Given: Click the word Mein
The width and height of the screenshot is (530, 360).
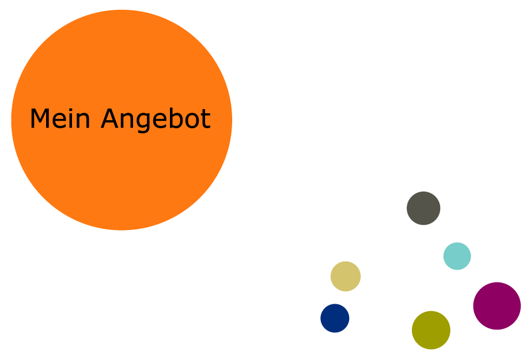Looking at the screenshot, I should pos(60,119).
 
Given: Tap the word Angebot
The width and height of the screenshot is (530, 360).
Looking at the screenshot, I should pos(156,120).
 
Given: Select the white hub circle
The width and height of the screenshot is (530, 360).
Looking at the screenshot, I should pos(398,278).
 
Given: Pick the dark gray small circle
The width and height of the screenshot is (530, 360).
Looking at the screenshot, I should pos(423,208).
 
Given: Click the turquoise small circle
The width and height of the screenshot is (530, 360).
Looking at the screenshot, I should pos(457,256).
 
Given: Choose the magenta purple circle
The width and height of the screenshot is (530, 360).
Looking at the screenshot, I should pos(497,306).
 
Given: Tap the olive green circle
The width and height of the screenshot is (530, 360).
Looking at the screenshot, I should pos(431,330).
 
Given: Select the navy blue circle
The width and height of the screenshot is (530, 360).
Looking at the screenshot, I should pos(335,318).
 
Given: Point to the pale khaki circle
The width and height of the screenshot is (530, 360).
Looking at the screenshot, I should pos(346,276).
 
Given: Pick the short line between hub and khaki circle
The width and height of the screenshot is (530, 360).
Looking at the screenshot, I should pos(365,277).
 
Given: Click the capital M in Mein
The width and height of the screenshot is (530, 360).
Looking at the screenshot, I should pos(38,119).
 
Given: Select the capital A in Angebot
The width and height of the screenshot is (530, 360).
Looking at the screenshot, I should pos(110,119).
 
